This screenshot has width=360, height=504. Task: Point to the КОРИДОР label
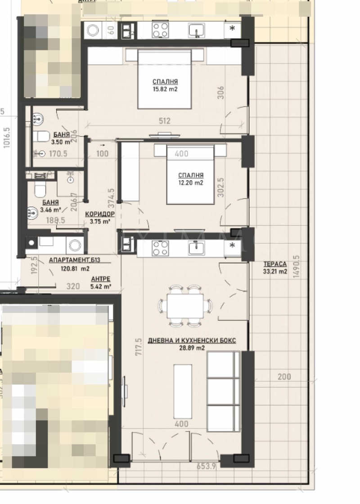(100, 214)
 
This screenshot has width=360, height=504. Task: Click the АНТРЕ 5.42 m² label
(100, 282)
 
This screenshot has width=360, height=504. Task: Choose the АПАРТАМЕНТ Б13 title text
(74, 260)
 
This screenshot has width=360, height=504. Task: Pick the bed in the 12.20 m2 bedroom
(191, 174)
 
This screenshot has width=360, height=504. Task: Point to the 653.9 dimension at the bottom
(207, 467)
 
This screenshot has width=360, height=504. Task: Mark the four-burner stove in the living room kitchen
(160, 248)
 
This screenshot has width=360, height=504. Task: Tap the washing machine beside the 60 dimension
(94, 31)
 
